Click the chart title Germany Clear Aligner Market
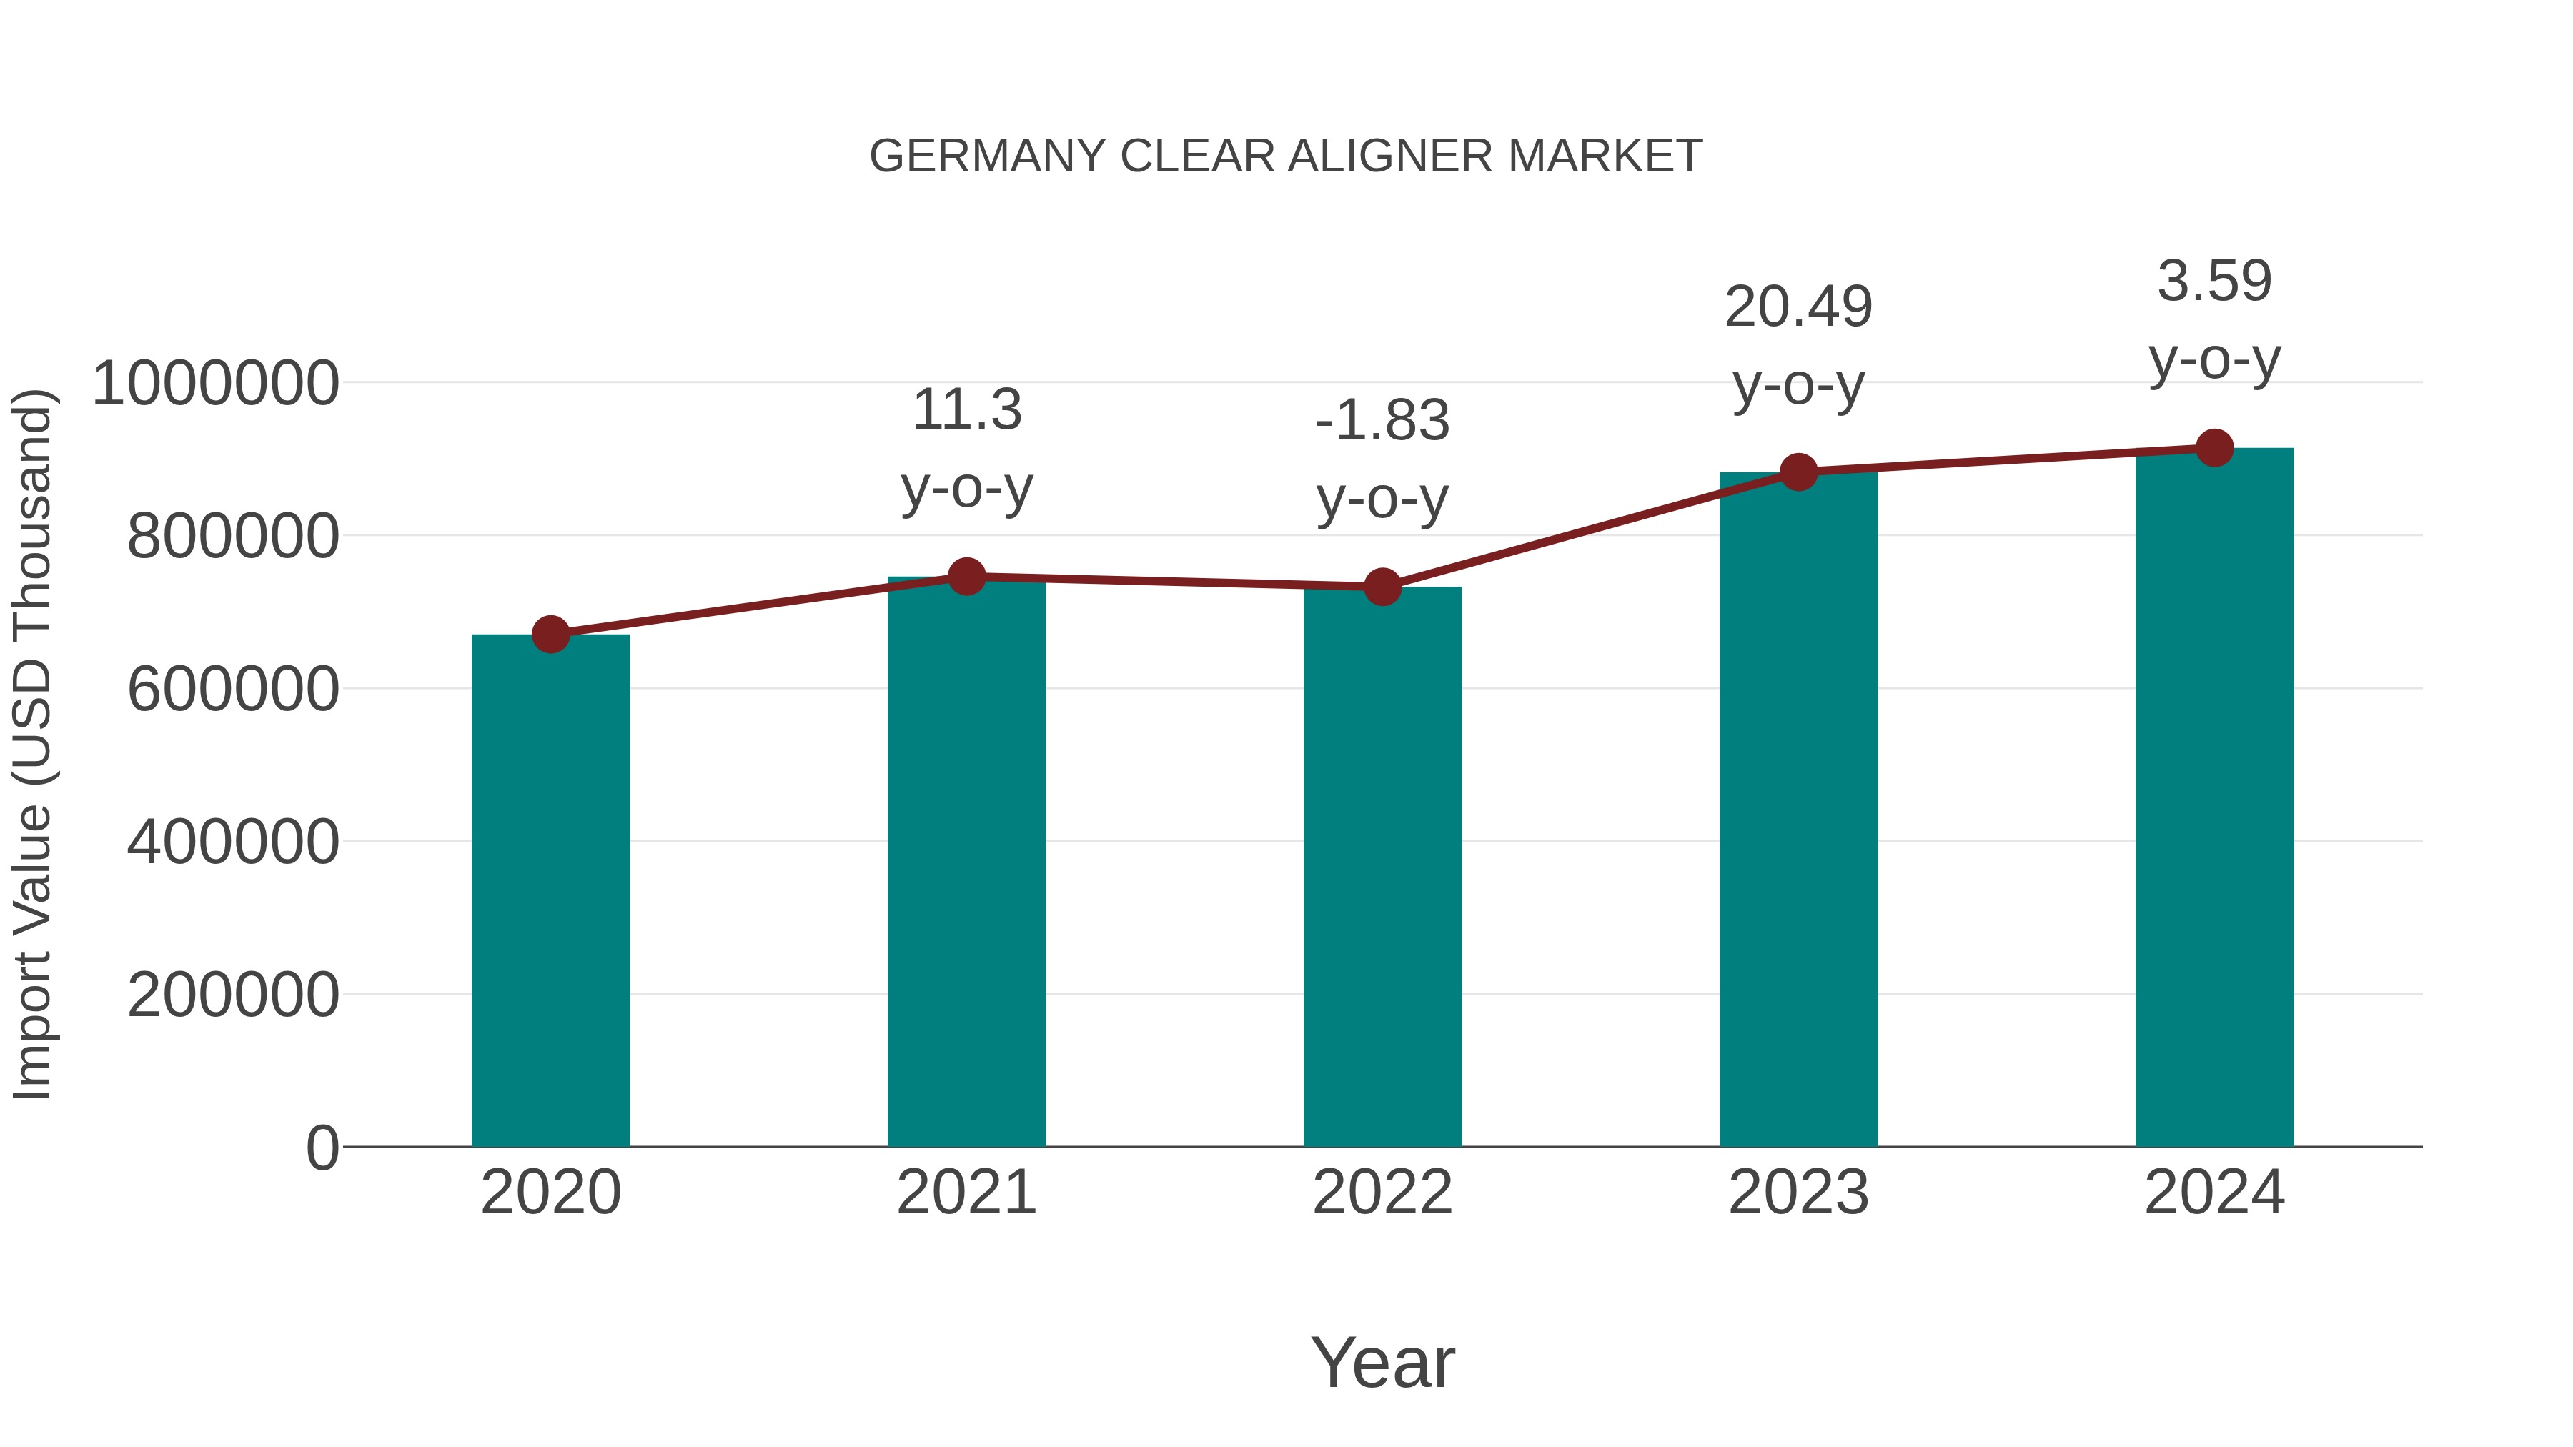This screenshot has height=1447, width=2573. pyautogui.click(x=1286, y=156)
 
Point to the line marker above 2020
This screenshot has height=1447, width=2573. pyautogui.click(x=550, y=634)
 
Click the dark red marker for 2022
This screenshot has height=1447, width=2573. pyautogui.click(x=1382, y=587)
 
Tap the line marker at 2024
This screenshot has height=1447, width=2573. pyautogui.click(x=2214, y=448)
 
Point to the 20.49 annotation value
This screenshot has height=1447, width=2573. pyautogui.click(x=1798, y=307)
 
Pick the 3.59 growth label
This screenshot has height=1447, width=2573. pyautogui.click(x=2214, y=282)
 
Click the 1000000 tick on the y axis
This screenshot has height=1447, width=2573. pyautogui.click(x=214, y=384)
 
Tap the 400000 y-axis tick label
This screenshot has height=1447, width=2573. pyautogui.click(x=233, y=842)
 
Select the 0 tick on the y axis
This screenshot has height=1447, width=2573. pyautogui.click(x=322, y=1148)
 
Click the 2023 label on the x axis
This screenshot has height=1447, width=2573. pyautogui.click(x=1798, y=1193)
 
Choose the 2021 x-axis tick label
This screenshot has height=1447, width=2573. pyautogui.click(x=966, y=1193)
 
